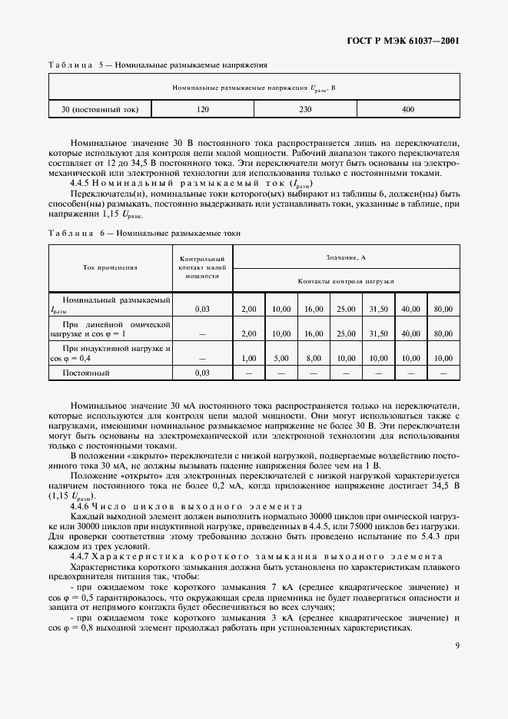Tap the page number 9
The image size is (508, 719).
click(457, 645)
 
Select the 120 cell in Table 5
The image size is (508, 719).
click(203, 110)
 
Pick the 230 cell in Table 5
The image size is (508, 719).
click(305, 110)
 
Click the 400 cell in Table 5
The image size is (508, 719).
click(408, 110)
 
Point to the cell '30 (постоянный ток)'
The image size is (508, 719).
click(100, 110)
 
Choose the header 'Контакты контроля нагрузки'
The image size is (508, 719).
click(345, 281)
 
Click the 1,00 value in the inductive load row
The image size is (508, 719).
click(248, 358)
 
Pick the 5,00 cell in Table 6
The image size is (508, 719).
click(281, 358)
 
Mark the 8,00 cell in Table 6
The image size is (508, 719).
click(313, 358)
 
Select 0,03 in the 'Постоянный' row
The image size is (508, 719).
click(202, 373)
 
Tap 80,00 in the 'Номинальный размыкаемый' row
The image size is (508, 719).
click(443, 309)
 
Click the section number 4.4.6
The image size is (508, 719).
click(80, 506)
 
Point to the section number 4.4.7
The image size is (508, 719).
click(80, 555)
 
